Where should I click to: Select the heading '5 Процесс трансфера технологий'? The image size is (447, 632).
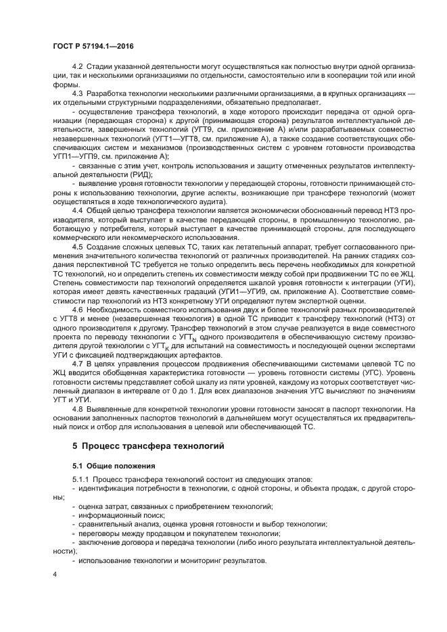147,447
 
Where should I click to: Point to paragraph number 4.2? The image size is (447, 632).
77,66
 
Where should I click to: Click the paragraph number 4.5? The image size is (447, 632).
77,247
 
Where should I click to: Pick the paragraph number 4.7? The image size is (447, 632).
77,364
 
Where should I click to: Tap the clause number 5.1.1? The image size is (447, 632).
81,480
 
